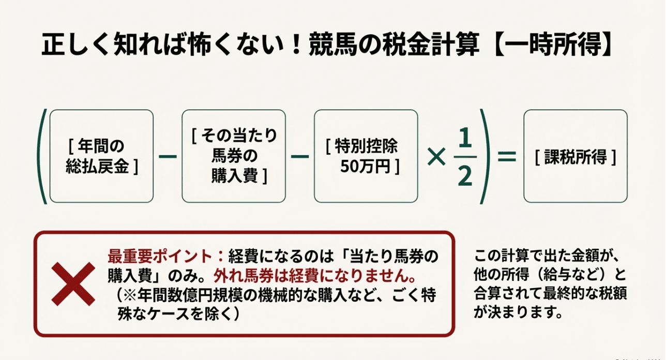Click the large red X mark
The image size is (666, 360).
tap(73, 284)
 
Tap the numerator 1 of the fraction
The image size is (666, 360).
tap(465, 138)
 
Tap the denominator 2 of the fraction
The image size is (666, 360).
tap(465, 175)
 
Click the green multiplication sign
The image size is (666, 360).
tap(436, 157)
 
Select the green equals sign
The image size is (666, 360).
tap(507, 157)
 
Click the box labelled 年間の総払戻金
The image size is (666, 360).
tap(102, 156)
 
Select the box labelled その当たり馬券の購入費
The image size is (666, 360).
tap(234, 156)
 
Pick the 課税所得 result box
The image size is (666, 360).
tap(576, 156)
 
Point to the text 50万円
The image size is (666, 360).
tap(365, 167)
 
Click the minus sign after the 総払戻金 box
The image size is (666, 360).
tap(168, 157)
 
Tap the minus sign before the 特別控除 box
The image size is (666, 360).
tap(300, 157)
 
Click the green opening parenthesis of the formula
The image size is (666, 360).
tap(41, 157)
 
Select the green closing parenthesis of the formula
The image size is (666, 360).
tap(485, 157)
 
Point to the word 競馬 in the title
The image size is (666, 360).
tap(333, 44)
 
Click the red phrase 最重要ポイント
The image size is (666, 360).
tap(160, 257)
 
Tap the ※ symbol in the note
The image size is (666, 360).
tap(130, 295)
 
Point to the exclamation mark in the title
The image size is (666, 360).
tap(296, 44)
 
